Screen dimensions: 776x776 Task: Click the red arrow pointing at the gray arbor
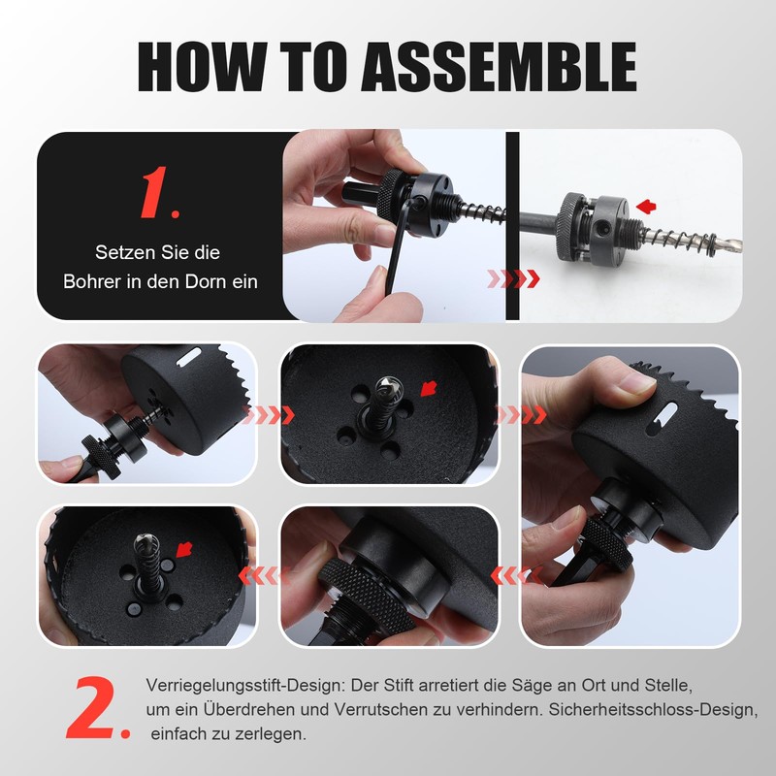coord(647,205)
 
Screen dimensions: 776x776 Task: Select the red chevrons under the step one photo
coord(511,279)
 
